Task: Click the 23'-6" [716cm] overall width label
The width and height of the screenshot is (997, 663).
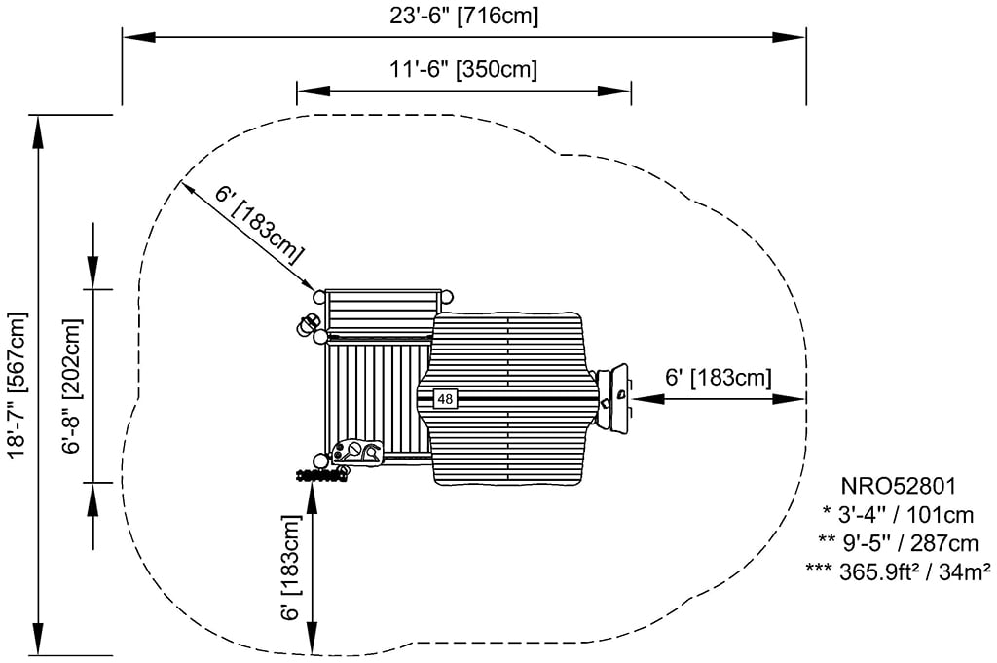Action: (x=464, y=16)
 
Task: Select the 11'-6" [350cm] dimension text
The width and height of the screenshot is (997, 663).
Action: (x=464, y=69)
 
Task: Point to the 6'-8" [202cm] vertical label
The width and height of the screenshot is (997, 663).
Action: (x=72, y=386)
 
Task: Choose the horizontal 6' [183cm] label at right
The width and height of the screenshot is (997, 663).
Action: (x=719, y=377)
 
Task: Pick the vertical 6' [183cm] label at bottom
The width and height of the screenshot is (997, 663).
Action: (x=289, y=568)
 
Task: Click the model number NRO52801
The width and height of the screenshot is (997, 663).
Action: (x=899, y=486)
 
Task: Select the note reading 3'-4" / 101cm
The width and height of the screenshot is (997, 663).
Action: (x=898, y=514)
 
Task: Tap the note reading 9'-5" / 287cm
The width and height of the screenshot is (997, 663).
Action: (x=898, y=542)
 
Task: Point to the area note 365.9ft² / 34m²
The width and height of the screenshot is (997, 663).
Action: (x=898, y=571)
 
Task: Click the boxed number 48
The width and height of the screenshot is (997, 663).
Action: (x=445, y=398)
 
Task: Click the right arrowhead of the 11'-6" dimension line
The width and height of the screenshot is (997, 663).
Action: (x=614, y=91)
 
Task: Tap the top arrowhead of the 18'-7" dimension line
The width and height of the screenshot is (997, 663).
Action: (x=39, y=131)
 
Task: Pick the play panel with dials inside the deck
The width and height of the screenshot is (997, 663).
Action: (x=358, y=452)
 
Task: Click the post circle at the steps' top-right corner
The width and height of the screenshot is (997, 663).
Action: (x=448, y=296)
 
